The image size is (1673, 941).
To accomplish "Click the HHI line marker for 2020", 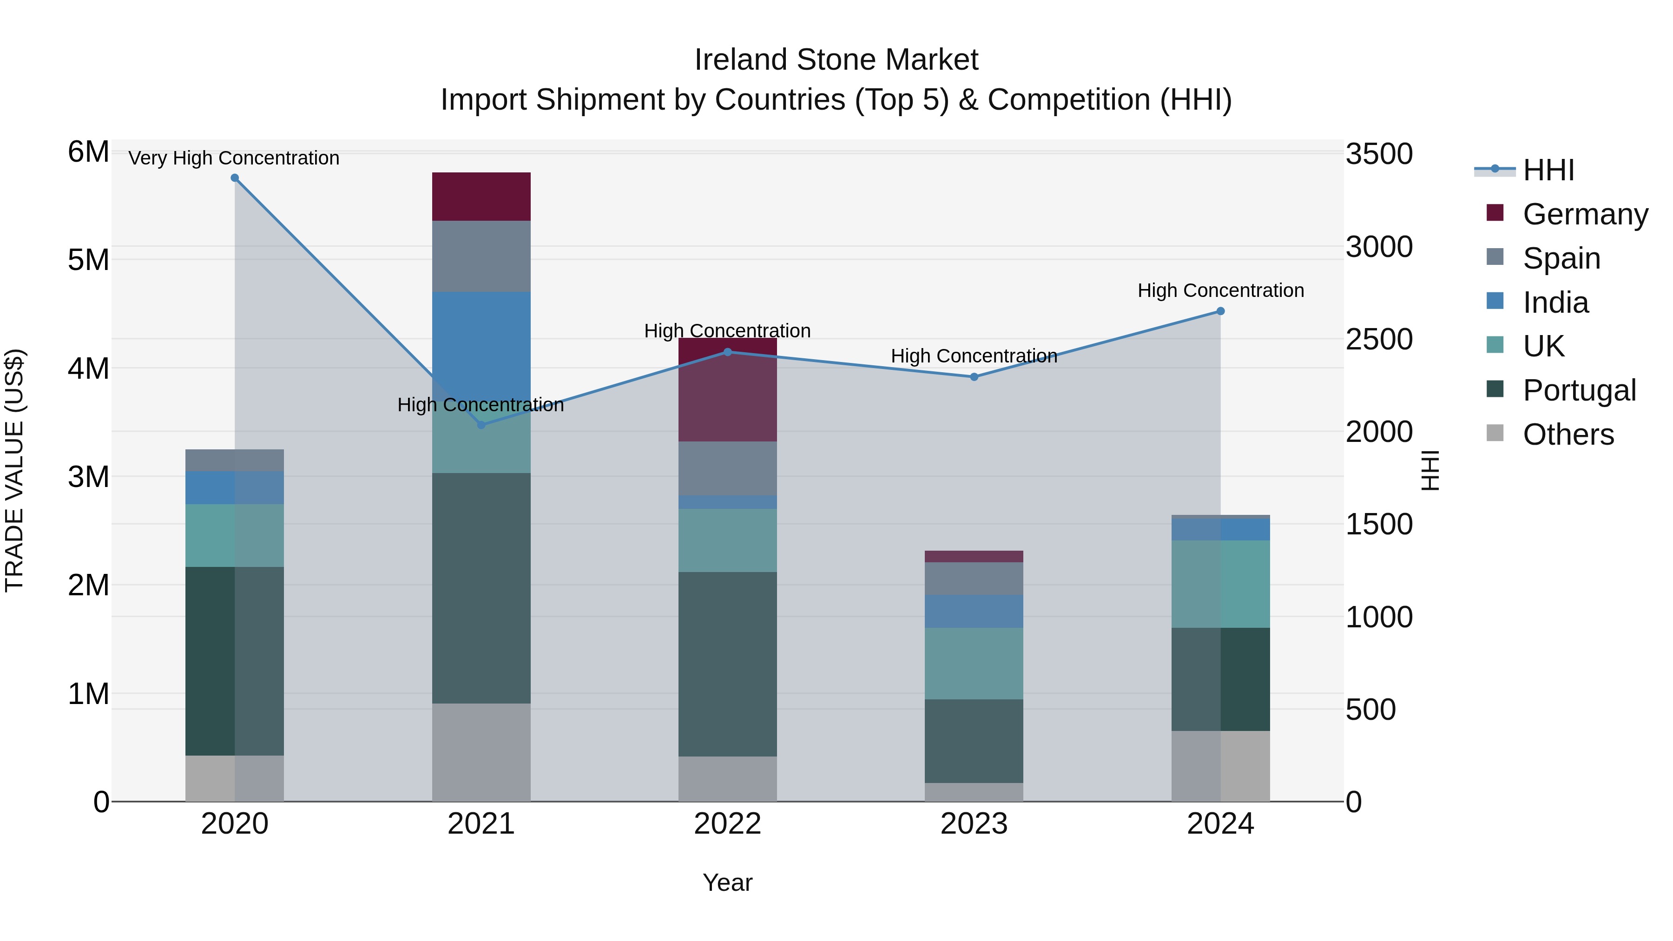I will [x=235, y=178].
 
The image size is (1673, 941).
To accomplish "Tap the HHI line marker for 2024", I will [x=1220, y=311].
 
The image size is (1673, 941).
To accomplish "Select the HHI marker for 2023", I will [x=974, y=377].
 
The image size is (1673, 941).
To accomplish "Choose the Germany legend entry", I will [x=1585, y=214].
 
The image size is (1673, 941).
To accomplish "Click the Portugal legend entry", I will [x=1578, y=390].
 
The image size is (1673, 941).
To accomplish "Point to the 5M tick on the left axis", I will [x=88, y=260].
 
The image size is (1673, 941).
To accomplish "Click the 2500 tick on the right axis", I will [x=1378, y=339].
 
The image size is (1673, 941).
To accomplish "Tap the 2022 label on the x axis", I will [x=727, y=823].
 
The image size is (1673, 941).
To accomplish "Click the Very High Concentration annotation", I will [x=234, y=158].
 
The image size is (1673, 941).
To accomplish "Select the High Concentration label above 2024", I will [x=1220, y=290].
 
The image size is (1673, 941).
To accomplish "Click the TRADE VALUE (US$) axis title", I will [x=14, y=470].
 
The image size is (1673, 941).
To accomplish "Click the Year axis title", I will [x=727, y=882].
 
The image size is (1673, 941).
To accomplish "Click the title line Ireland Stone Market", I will [x=836, y=60].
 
